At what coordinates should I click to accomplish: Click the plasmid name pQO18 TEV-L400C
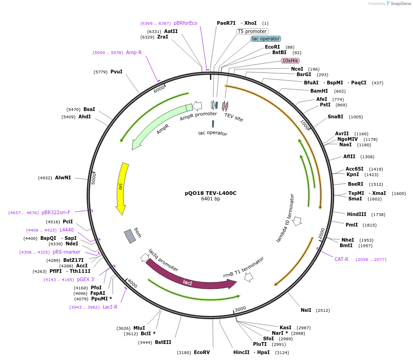[210, 193]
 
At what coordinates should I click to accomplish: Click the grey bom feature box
[130, 236]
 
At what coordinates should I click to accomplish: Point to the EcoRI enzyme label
[272, 47]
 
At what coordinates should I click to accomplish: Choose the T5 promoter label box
[252, 31]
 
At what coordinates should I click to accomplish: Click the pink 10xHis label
[290, 61]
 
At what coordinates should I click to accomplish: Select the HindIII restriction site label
[357, 214]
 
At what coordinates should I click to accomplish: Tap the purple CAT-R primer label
[341, 259]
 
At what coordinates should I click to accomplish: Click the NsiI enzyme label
[306, 310]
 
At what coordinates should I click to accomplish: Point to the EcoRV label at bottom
[202, 352]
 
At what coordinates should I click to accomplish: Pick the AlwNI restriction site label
[63, 177]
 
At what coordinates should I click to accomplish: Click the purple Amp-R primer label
[134, 52]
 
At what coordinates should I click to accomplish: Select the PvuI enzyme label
[116, 72]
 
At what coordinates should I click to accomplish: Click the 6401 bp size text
[210, 199]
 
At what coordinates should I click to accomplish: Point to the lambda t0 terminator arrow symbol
[297, 221]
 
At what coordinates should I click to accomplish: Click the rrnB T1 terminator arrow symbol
[249, 277]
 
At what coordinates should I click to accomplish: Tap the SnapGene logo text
[400, 4]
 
